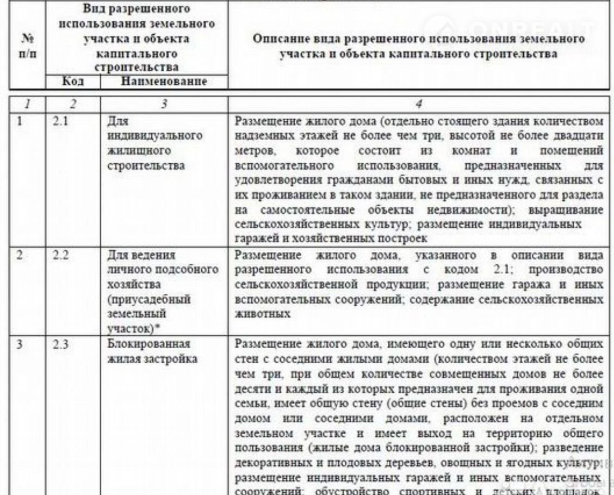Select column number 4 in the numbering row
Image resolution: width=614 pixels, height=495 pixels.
click(x=418, y=103)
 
